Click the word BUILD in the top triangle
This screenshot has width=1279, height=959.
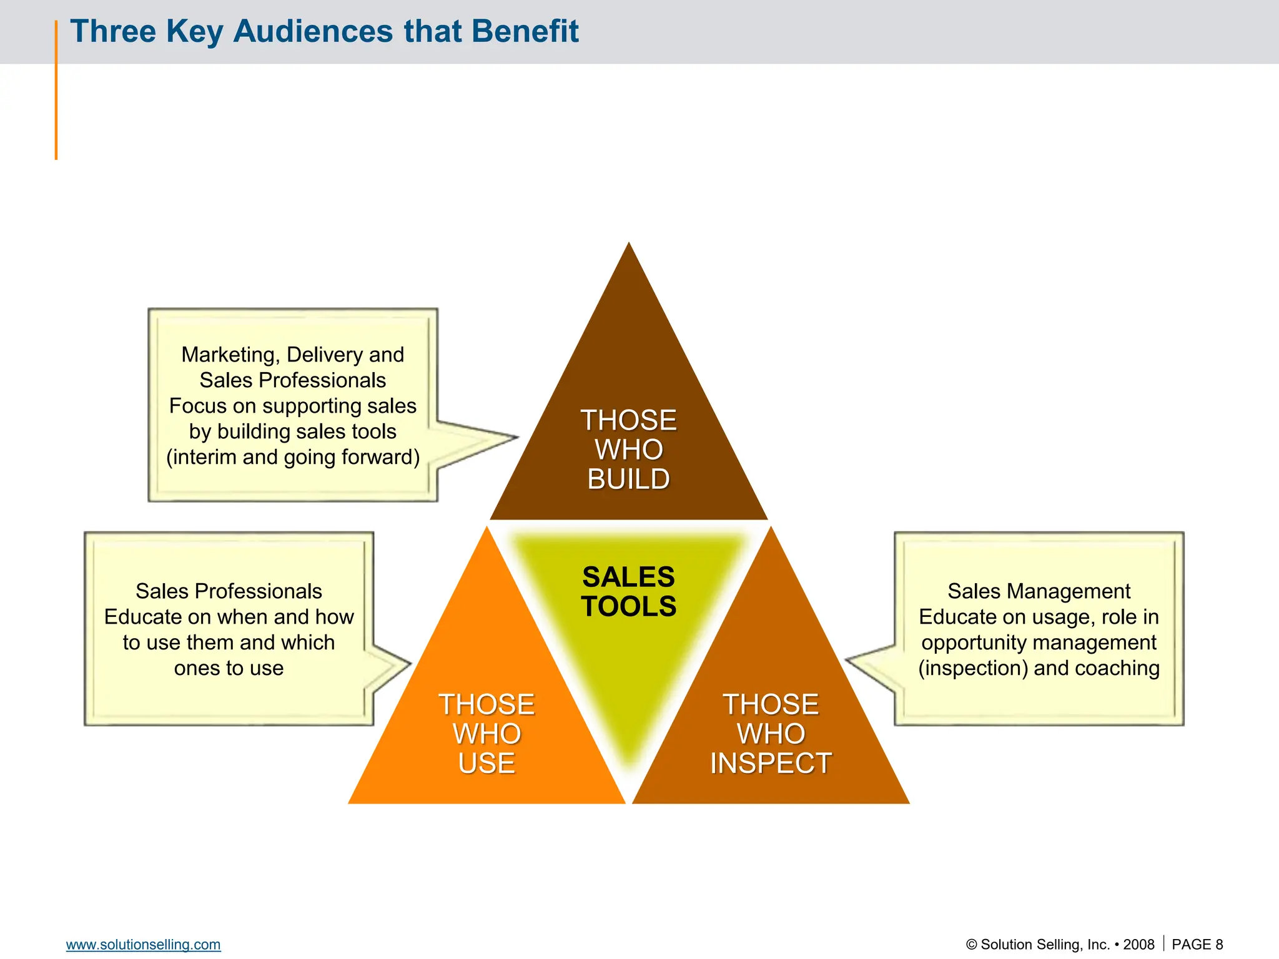point(628,479)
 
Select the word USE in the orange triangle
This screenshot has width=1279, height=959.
point(486,764)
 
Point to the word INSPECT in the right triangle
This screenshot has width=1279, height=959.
point(771,764)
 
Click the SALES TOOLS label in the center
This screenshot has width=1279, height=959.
point(628,591)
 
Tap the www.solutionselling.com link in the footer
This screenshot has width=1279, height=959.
point(143,945)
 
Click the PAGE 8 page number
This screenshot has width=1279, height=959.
point(1197,945)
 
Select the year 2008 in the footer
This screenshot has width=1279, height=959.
point(1138,945)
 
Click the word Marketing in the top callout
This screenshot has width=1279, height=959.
point(229,355)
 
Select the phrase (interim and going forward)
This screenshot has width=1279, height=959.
point(293,457)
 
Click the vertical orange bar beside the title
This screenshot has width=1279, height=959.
point(56,90)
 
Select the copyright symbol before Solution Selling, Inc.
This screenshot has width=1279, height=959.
point(971,945)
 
